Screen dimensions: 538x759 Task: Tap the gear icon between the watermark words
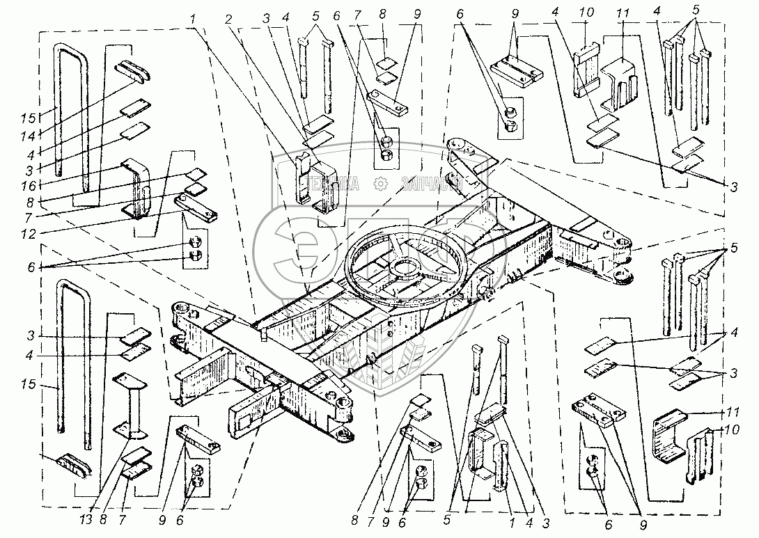(x=380, y=184)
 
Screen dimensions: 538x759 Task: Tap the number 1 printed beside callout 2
(x=191, y=19)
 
